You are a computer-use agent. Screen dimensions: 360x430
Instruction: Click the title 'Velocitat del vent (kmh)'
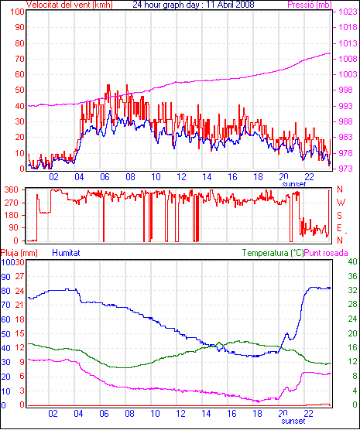pyautogui.click(x=70, y=5)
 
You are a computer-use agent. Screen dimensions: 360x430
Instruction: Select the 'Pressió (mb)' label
pyautogui.click(x=310, y=5)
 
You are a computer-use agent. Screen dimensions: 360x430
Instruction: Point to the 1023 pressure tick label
pyautogui.click(x=348, y=12)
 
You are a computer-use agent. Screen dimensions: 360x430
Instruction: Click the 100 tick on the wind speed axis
pyautogui.click(x=17, y=12)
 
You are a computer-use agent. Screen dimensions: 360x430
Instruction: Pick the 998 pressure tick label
pyautogui.click(x=348, y=90)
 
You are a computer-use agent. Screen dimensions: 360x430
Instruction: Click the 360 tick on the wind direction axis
pyautogui.click(x=11, y=189)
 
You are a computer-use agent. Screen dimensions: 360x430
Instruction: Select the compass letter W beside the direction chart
pyautogui.click(x=341, y=203)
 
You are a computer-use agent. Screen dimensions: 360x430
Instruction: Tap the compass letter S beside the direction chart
pyautogui.click(x=339, y=216)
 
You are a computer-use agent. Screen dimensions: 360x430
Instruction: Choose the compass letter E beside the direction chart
pyautogui.click(x=339, y=228)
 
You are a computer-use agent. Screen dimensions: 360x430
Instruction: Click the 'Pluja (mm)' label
pyautogui.click(x=19, y=253)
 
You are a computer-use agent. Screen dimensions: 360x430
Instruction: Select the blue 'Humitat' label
pyautogui.click(x=66, y=253)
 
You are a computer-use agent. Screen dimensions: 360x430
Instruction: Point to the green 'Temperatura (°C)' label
pyautogui.click(x=273, y=253)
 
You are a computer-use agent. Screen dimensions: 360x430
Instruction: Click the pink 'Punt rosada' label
pyautogui.click(x=326, y=253)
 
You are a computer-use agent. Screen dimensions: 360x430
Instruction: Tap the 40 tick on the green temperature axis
pyautogui.click(x=352, y=261)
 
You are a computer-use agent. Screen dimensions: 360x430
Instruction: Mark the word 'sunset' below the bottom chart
pyautogui.click(x=293, y=421)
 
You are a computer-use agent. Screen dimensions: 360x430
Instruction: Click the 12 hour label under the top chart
pyautogui.click(x=181, y=177)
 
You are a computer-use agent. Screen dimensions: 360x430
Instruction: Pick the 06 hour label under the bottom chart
pyautogui.click(x=104, y=414)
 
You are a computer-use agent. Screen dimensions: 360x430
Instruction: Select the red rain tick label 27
pyautogui.click(x=19, y=276)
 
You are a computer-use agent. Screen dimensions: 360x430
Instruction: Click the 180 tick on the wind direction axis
pyautogui.click(x=11, y=216)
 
